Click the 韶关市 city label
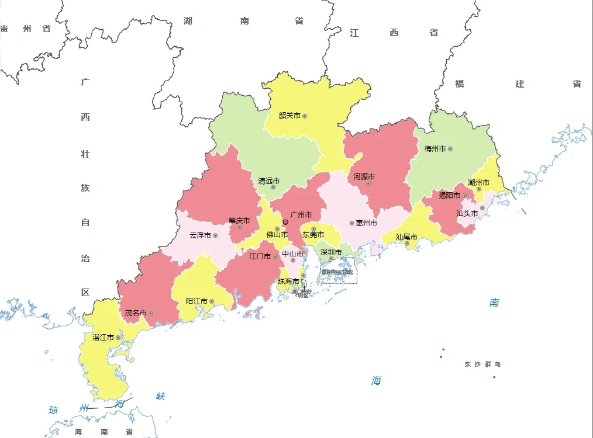[x=289, y=116]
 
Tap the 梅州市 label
[x=435, y=149]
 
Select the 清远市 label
[x=269, y=181]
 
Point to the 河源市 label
[x=364, y=176]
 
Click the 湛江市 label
[x=104, y=338]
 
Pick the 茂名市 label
[x=136, y=313]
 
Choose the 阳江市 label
[x=196, y=301]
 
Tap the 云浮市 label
[x=200, y=235]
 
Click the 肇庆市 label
[x=239, y=221]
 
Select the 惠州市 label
[x=366, y=223]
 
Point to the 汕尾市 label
[x=406, y=237]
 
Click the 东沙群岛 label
[x=482, y=364]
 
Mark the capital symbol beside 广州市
[x=285, y=223]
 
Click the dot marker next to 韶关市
[x=305, y=116]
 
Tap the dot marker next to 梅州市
[x=450, y=149]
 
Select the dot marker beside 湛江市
[x=119, y=338]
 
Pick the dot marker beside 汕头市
[x=482, y=208]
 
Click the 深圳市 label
[x=330, y=252]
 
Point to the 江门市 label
[x=260, y=256]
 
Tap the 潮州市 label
[x=478, y=183]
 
